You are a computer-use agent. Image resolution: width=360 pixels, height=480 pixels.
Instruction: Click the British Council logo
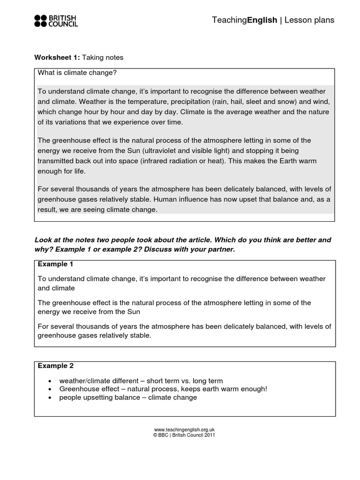click(x=56, y=20)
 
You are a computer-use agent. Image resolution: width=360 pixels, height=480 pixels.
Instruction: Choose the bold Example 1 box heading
click(x=56, y=264)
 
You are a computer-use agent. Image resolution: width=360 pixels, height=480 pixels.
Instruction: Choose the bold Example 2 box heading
click(x=56, y=366)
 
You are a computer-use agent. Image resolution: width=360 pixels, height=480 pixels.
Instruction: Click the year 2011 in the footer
click(x=210, y=435)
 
